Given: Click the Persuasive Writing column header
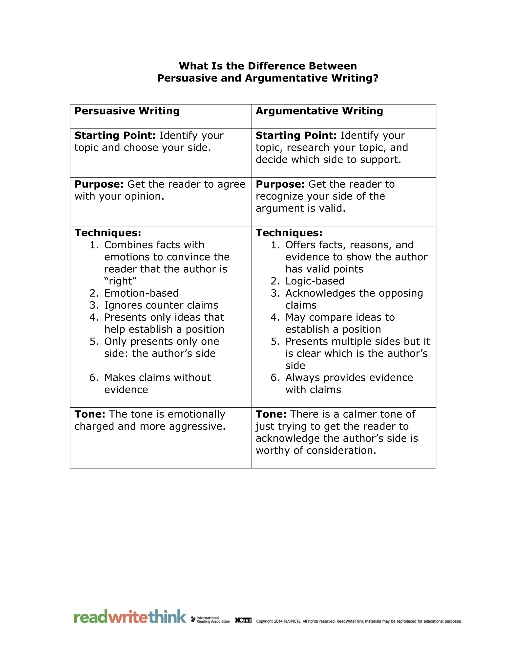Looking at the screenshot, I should click(127, 111).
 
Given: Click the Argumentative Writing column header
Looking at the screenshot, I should click(319, 111).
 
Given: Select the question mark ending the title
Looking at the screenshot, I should click(376, 78).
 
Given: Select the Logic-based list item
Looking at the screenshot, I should click(315, 281).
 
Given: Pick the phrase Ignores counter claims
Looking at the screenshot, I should click(161, 305).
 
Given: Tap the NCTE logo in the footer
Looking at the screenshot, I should click(243, 620).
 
